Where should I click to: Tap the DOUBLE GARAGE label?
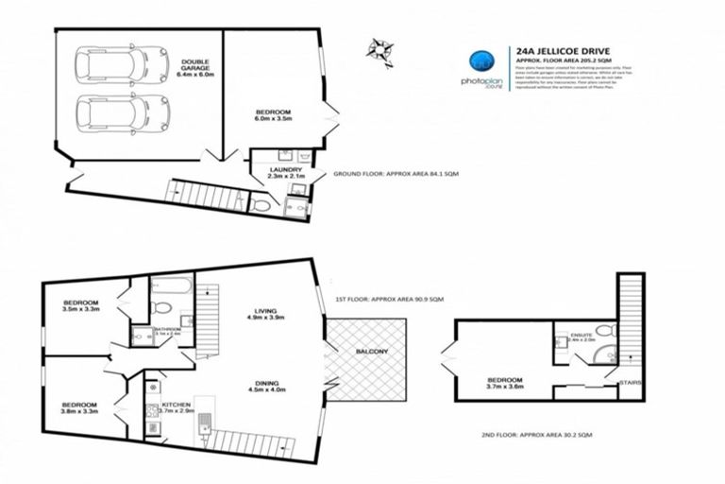196,68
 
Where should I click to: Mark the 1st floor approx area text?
389,299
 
